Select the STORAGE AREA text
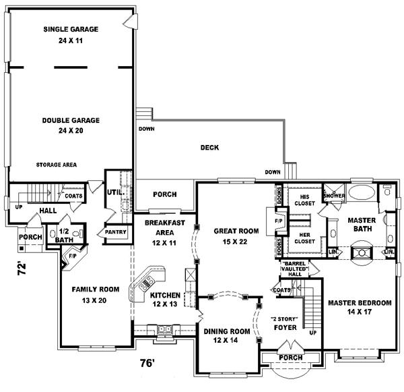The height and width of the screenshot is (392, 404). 57,164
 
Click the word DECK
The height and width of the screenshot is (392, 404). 209,148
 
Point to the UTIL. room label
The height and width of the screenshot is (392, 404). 112,193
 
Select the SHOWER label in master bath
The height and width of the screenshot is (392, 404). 335,196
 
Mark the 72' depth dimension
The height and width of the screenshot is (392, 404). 22,269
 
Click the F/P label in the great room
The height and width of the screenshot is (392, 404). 278,220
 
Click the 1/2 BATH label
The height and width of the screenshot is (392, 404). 64,235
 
